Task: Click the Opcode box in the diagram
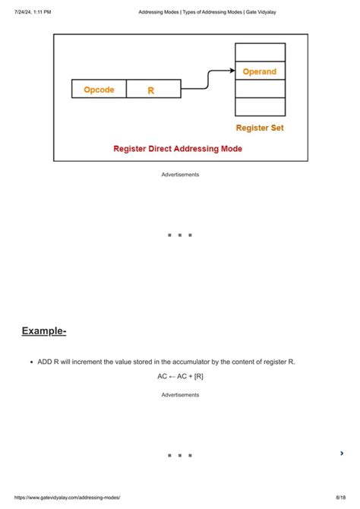[99, 90]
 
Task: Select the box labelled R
[153, 90]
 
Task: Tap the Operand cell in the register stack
[260, 71]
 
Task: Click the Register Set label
[260, 128]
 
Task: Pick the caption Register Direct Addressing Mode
[178, 149]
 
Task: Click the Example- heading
[44, 331]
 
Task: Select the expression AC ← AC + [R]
[180, 376]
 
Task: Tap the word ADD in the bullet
[46, 362]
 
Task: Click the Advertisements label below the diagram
[180, 175]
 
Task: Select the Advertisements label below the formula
[180, 395]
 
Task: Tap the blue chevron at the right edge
[343, 454]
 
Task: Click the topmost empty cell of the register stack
[260, 52]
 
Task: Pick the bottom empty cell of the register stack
[260, 107]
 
